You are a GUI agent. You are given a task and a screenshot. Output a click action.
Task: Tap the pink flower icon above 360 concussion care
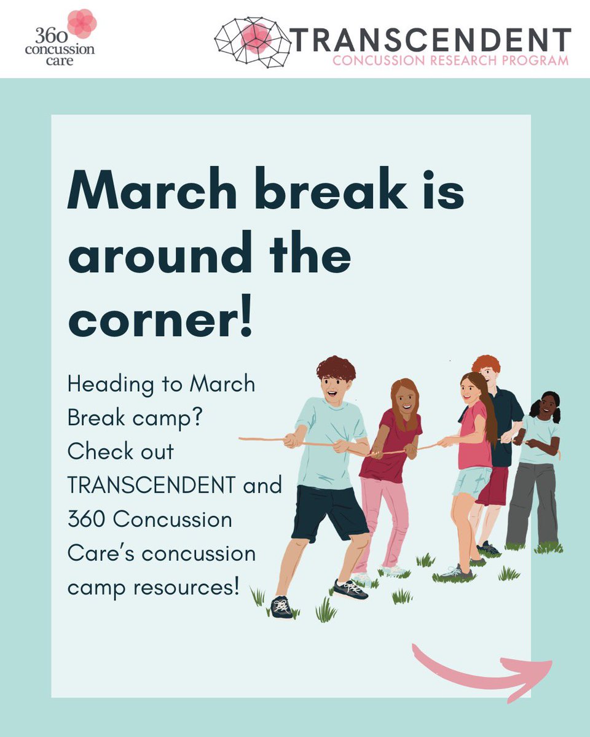pyautogui.click(x=82, y=23)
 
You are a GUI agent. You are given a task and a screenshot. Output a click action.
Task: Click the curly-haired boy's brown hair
pyautogui.click(x=336, y=368)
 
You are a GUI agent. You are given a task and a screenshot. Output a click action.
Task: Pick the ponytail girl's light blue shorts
pyautogui.click(x=472, y=482)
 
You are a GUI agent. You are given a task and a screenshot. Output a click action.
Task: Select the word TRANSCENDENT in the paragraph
pyautogui.click(x=151, y=486)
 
